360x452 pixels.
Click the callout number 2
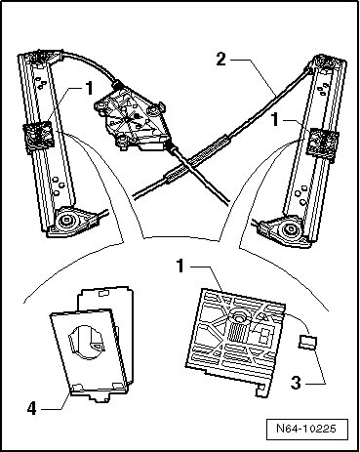[x=221, y=60]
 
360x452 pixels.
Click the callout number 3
[x=296, y=383]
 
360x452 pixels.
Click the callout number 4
[x=32, y=408]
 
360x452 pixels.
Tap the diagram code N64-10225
[x=306, y=428]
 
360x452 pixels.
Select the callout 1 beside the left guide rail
[x=89, y=88]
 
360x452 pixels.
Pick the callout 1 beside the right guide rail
[x=275, y=120]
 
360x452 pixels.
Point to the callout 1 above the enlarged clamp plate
[x=180, y=266]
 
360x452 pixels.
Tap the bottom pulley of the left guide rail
[x=69, y=222]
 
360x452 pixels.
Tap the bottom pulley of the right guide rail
[x=289, y=229]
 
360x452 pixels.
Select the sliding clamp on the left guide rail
[x=38, y=136]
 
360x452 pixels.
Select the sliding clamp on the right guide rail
[x=322, y=144]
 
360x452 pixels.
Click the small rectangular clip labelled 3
[x=307, y=343]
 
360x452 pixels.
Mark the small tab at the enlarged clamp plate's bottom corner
[x=261, y=390]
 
